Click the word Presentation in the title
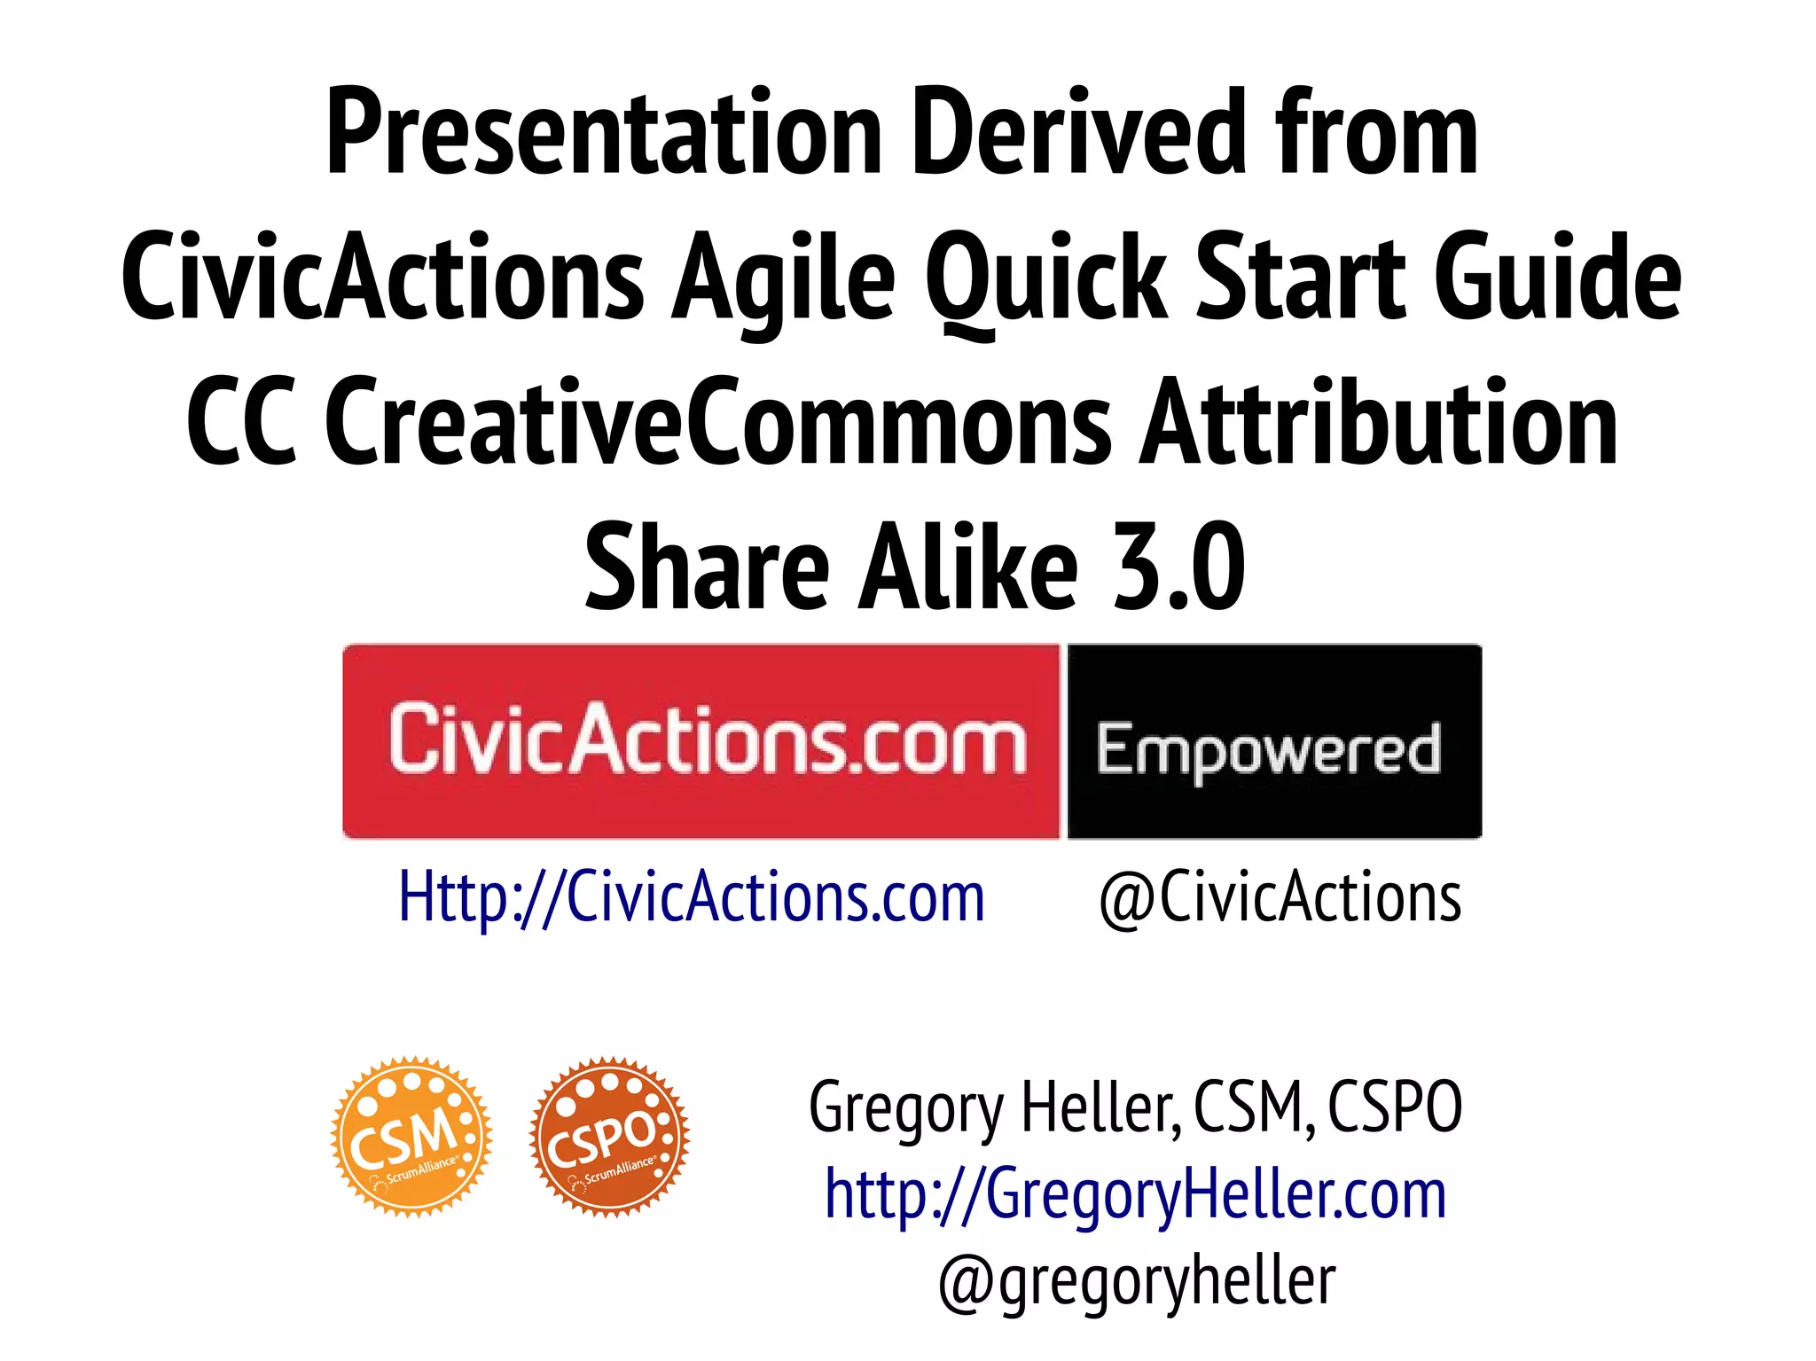point(604,133)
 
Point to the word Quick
point(1046,278)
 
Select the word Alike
point(967,567)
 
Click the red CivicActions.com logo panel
point(701,741)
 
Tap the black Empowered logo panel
point(1274,741)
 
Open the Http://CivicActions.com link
point(692,897)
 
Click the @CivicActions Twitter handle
point(1280,897)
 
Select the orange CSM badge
point(411,1136)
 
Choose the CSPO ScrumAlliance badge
point(609,1136)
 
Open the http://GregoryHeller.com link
point(1135,1194)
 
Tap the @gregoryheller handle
point(1137,1281)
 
